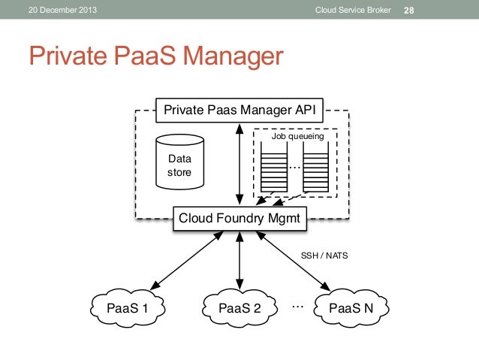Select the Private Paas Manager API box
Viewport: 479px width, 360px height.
click(x=239, y=110)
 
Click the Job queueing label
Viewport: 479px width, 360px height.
click(x=297, y=137)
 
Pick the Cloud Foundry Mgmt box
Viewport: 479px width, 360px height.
click(x=239, y=219)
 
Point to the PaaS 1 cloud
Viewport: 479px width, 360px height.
click(x=127, y=307)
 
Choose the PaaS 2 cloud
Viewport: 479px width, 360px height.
click(x=239, y=307)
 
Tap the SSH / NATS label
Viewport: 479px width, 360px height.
click(x=324, y=256)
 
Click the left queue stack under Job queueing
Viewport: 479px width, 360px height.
click(x=274, y=168)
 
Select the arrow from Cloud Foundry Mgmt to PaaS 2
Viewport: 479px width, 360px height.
click(x=239, y=260)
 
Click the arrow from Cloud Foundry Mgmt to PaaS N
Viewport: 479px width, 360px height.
click(x=294, y=260)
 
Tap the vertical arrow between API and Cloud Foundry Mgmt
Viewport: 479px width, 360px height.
click(x=239, y=165)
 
